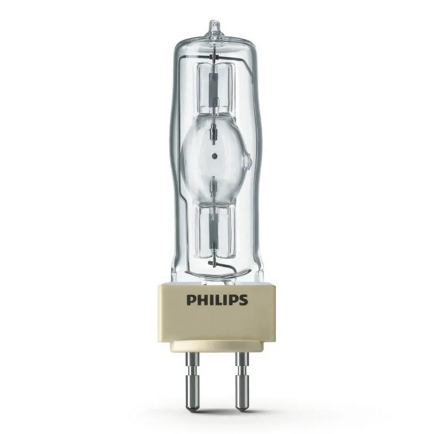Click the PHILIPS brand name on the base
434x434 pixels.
pyautogui.click(x=216, y=300)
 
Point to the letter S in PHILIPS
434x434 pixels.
pyautogui.click(x=242, y=300)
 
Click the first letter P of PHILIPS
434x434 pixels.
pyautogui.click(x=191, y=300)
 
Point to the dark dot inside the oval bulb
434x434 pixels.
pyautogui.click(x=215, y=156)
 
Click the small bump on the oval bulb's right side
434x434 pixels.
pyautogui.click(x=248, y=161)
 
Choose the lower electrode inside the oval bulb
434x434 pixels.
pyautogui.click(x=215, y=185)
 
